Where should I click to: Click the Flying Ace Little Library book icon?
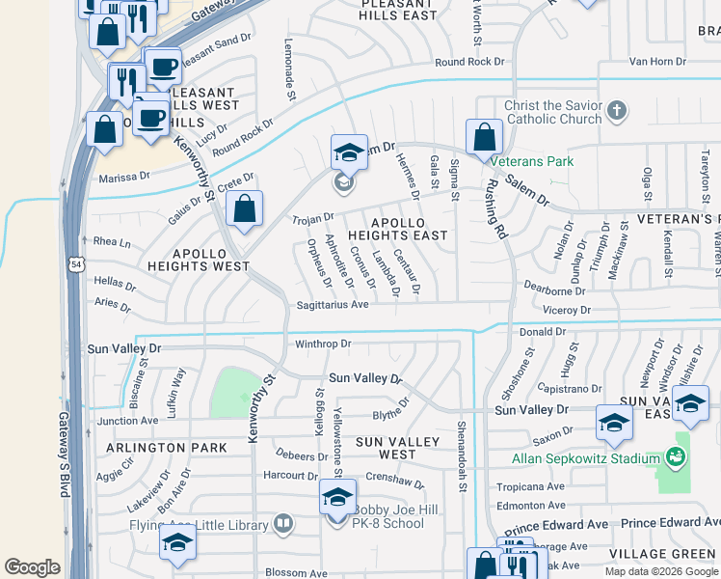(x=283, y=524)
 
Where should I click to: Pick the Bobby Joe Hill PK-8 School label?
(x=388, y=516)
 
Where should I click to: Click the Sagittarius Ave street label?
(x=332, y=305)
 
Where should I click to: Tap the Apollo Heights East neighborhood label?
(x=397, y=229)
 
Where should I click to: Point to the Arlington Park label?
(x=167, y=448)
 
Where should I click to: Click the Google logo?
(x=32, y=567)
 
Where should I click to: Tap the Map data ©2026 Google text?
(x=660, y=571)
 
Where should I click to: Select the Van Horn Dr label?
(x=657, y=61)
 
